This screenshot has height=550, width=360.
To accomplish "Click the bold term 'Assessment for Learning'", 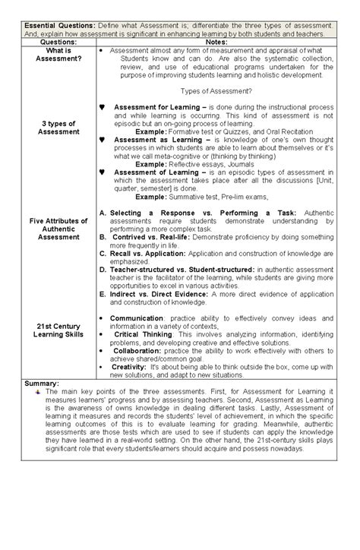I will [157, 108].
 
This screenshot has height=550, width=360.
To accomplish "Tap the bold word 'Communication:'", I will [138, 318].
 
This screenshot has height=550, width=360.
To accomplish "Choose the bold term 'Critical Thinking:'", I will [147, 334].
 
